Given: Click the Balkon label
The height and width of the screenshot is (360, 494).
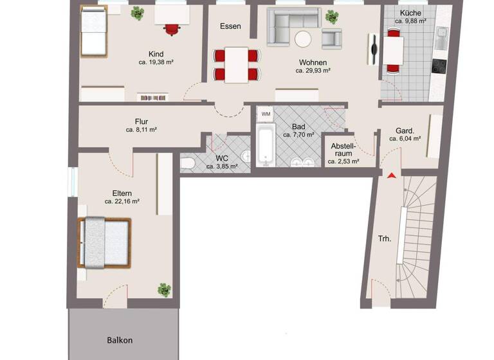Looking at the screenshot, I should [120, 340].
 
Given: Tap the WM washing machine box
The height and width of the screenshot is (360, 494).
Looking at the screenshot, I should [266, 114].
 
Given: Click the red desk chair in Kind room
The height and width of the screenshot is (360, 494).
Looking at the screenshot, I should [172, 29].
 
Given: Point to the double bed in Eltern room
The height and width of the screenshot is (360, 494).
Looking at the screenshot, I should [104, 242].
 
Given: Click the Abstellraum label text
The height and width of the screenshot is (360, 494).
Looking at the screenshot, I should [343, 150].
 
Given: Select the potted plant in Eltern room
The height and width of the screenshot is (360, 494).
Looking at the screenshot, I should [165, 290].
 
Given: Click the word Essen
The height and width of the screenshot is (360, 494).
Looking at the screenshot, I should [230, 26].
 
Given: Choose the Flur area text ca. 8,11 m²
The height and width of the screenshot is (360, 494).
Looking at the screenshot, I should [142, 129].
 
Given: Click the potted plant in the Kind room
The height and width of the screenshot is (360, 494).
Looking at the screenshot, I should [138, 13].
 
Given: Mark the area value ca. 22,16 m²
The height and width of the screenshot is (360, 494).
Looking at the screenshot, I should [122, 201].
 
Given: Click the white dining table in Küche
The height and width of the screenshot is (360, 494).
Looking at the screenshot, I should [393, 48].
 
